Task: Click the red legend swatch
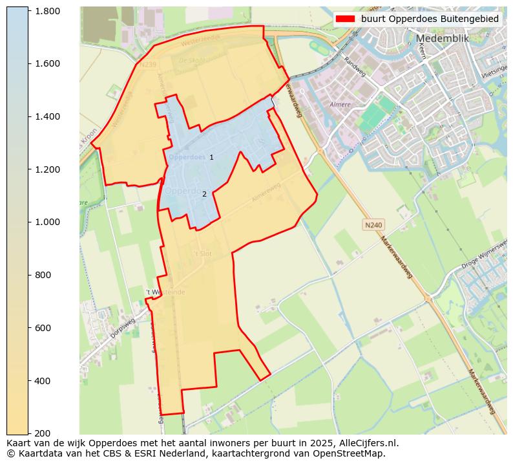(346, 19)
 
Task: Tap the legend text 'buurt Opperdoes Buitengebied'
(430, 19)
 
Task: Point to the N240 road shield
(373, 224)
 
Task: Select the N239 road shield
(147, 65)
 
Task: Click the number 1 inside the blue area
(211, 157)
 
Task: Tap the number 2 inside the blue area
(204, 194)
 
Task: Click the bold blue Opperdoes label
(187, 157)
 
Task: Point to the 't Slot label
(202, 254)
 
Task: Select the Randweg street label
(355, 65)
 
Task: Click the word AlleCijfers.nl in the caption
(366, 443)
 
